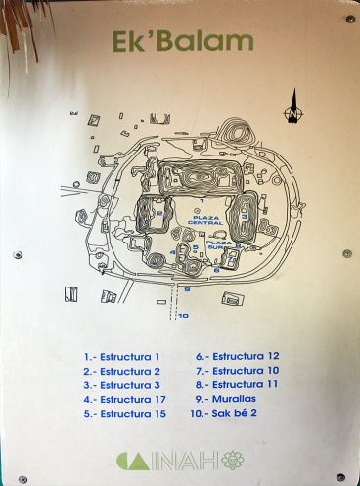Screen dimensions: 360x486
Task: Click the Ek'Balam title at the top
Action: click(x=183, y=41)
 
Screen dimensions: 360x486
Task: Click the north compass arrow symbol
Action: click(x=293, y=107)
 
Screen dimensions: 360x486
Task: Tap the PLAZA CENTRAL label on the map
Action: click(x=205, y=220)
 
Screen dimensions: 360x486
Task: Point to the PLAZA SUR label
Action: click(x=219, y=245)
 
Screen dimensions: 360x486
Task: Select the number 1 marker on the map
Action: click(x=202, y=201)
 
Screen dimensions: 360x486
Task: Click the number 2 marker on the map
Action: click(x=159, y=213)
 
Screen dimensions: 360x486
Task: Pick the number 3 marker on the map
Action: click(x=245, y=217)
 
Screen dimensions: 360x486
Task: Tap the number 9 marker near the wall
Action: click(x=187, y=289)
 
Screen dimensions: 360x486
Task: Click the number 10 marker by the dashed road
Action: click(x=183, y=316)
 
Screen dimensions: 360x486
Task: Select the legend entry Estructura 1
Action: click(x=121, y=357)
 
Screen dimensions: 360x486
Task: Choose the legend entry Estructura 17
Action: click(x=124, y=400)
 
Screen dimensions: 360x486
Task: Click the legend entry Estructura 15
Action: click(x=125, y=414)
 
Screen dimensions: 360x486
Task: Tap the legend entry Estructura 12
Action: click(x=238, y=356)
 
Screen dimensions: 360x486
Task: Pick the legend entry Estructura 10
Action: click(x=238, y=371)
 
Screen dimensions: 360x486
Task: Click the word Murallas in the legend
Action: click(x=234, y=399)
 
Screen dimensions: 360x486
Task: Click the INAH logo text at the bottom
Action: click(x=180, y=461)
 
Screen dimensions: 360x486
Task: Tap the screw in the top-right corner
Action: click(x=350, y=19)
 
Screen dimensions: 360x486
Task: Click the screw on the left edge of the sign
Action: click(x=18, y=255)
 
